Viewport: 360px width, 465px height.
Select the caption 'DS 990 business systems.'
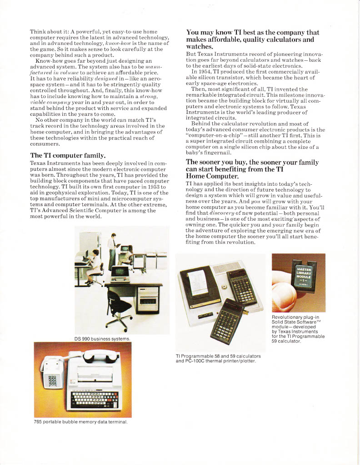102,338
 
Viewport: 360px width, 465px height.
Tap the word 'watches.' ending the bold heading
200,47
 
